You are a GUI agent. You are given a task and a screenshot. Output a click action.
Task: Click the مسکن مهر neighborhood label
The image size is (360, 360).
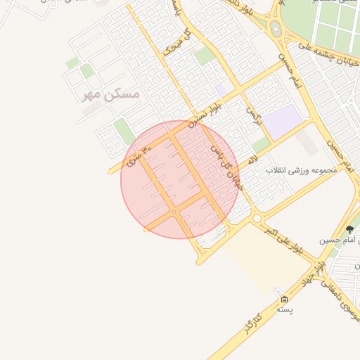tap(111, 94)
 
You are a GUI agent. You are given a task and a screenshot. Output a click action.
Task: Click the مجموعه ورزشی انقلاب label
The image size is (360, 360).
tap(302, 170)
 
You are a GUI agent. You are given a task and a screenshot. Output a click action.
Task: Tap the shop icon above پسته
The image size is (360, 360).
tap(283, 299)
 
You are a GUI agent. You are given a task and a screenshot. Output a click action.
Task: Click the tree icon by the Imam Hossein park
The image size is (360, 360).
tap(349, 229)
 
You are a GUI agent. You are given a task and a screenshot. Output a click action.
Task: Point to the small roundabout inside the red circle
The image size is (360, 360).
tap(174, 211)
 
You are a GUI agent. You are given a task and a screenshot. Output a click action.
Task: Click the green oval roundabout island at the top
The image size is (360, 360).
tap(275, 29)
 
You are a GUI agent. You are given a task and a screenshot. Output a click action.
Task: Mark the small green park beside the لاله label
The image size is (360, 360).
tap(260, 143)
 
